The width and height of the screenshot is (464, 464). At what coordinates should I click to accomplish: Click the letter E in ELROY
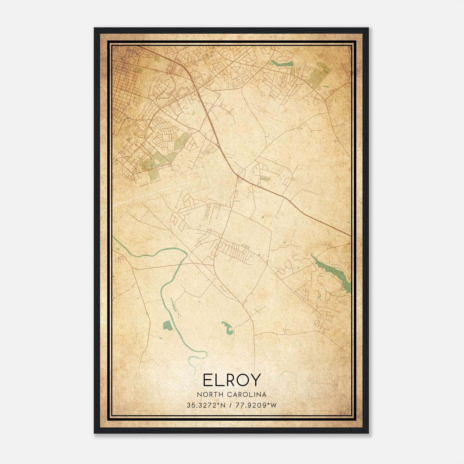click(208, 380)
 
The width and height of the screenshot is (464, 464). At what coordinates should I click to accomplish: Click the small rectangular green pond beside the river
click(167, 325)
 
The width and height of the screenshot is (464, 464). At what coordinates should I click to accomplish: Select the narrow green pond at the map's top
click(280, 64)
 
